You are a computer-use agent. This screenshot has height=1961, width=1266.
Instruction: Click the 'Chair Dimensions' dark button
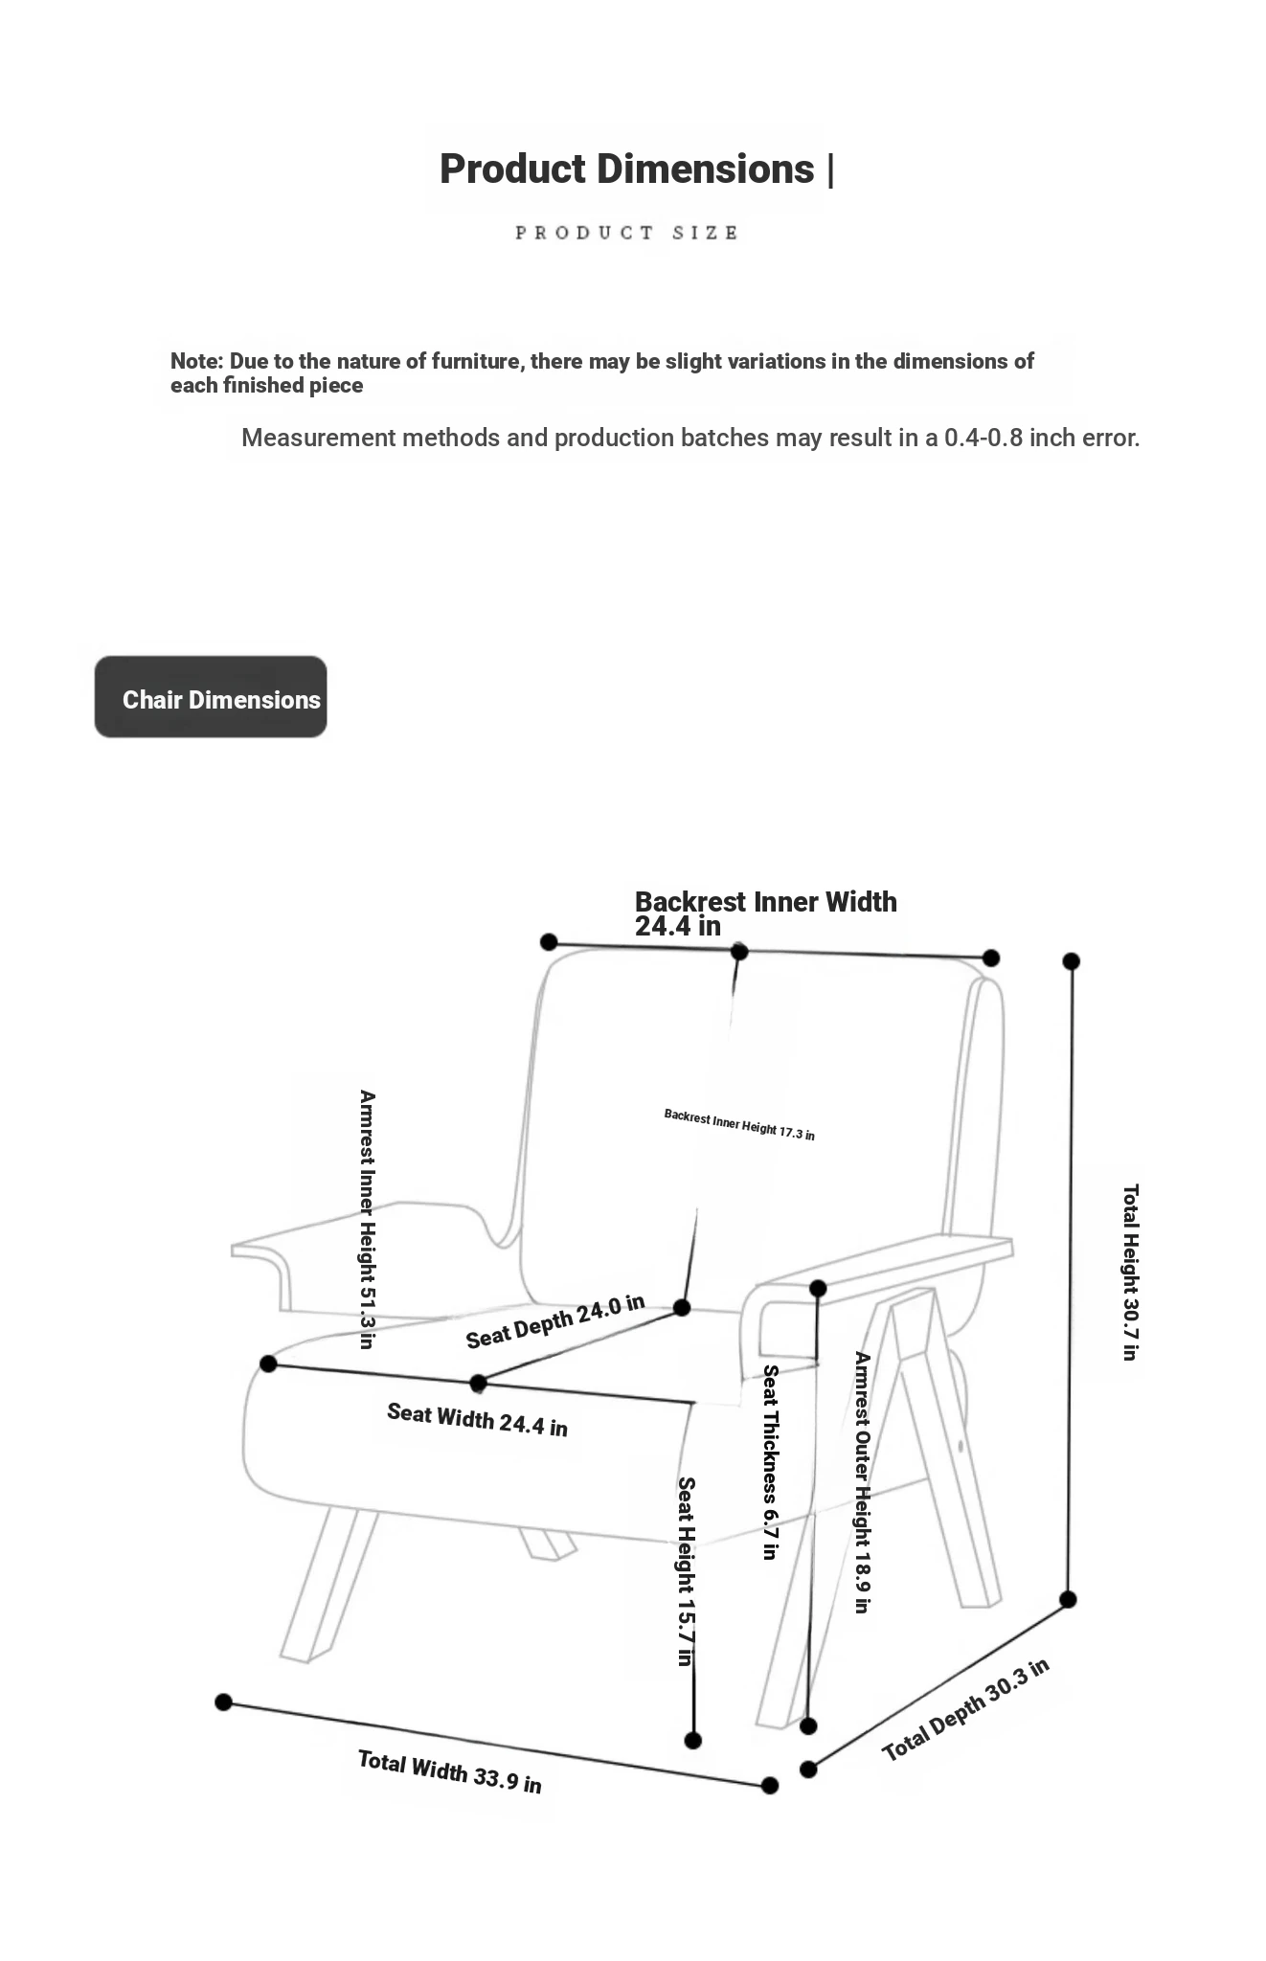[x=211, y=697]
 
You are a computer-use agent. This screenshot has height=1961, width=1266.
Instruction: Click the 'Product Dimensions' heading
[x=627, y=169]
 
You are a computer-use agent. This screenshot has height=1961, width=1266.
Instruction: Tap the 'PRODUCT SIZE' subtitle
[x=627, y=233]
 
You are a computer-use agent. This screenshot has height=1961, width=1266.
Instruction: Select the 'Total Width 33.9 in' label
[x=450, y=1771]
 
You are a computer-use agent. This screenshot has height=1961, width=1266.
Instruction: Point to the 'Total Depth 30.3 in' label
[x=965, y=1710]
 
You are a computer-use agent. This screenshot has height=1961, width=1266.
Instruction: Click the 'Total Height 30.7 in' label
[x=1130, y=1273]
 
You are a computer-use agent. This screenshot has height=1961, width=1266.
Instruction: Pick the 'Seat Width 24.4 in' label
[x=477, y=1419]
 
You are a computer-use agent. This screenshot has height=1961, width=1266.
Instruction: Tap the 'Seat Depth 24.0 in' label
[x=555, y=1321]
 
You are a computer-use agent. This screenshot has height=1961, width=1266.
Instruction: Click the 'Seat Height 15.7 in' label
[x=686, y=1571]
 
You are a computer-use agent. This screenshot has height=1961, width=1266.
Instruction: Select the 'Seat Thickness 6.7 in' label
[x=770, y=1462]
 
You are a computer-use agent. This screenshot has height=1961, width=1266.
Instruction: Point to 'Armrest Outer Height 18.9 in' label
[x=862, y=1482]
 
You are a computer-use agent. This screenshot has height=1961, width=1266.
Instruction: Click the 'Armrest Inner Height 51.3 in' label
[x=367, y=1219]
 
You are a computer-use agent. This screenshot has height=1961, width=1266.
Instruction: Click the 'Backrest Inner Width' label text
[x=766, y=902]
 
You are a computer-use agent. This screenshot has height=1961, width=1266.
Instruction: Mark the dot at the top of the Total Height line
[x=1072, y=960]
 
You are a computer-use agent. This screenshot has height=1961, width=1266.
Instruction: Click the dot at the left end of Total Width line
[x=223, y=1702]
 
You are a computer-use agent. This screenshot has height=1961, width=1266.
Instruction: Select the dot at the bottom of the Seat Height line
[x=693, y=1740]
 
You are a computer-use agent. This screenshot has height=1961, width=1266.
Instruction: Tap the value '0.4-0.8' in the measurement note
[x=983, y=438]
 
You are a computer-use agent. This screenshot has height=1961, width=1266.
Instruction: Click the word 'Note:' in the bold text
[x=197, y=361]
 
